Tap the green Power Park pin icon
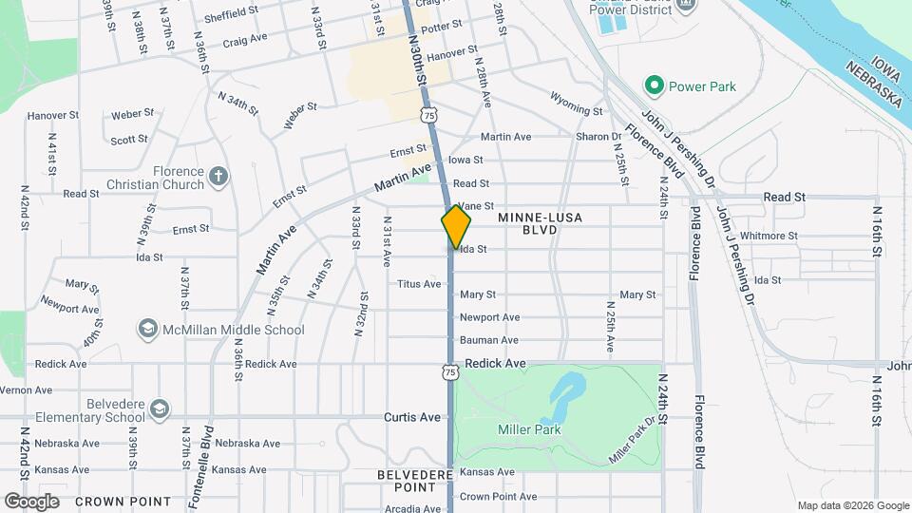click(x=653, y=86)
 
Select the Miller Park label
click(x=529, y=429)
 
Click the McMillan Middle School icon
click(x=147, y=330)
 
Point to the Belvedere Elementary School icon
click(x=160, y=408)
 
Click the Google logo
click(x=32, y=501)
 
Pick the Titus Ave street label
click(x=419, y=284)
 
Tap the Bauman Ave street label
click(x=489, y=340)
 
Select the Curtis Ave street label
click(x=412, y=417)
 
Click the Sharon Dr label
click(x=598, y=137)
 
